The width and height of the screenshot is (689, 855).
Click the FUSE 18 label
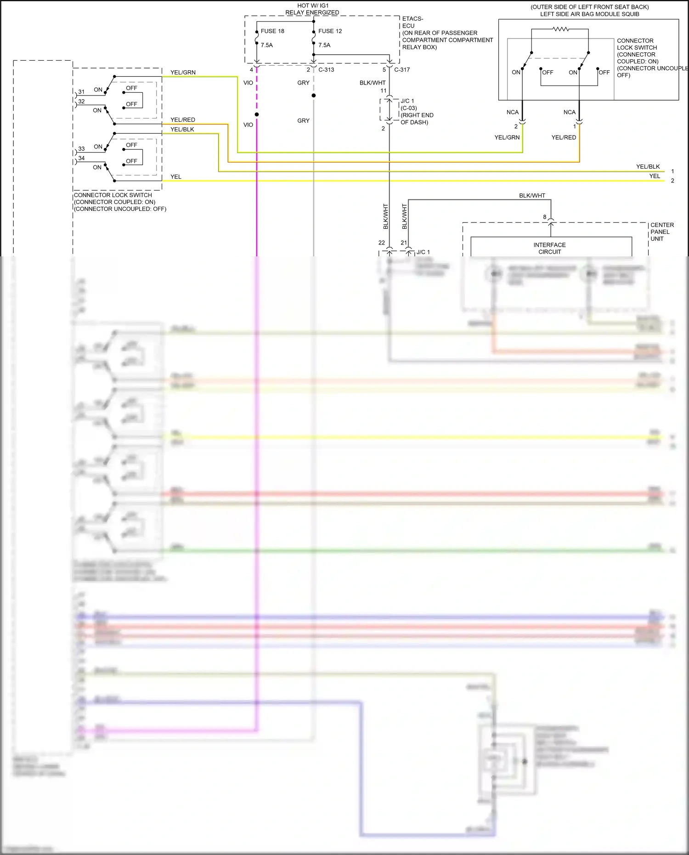(272, 31)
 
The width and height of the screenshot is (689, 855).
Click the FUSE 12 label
(330, 31)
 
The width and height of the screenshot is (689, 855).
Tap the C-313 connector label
(326, 70)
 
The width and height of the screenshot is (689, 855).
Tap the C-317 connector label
(402, 70)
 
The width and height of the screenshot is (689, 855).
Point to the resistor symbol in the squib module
(560, 29)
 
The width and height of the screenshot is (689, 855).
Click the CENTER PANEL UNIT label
(662, 232)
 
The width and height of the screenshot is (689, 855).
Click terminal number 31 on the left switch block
(81, 92)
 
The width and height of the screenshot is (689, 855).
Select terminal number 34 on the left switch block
(81, 158)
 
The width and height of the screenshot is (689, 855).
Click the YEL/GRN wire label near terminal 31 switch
(183, 73)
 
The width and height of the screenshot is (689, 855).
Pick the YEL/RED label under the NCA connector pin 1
(564, 137)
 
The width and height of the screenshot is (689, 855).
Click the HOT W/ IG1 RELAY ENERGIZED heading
(312, 9)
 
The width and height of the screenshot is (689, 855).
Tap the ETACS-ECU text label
(412, 22)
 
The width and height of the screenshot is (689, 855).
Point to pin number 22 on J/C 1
(382, 243)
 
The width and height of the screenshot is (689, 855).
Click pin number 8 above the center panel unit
(545, 217)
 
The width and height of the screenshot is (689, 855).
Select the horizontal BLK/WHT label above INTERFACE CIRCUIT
(532, 196)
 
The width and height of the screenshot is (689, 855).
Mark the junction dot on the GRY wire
(314, 96)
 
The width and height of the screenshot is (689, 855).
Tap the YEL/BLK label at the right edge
(648, 167)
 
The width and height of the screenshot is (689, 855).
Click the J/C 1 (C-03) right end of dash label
(416, 112)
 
